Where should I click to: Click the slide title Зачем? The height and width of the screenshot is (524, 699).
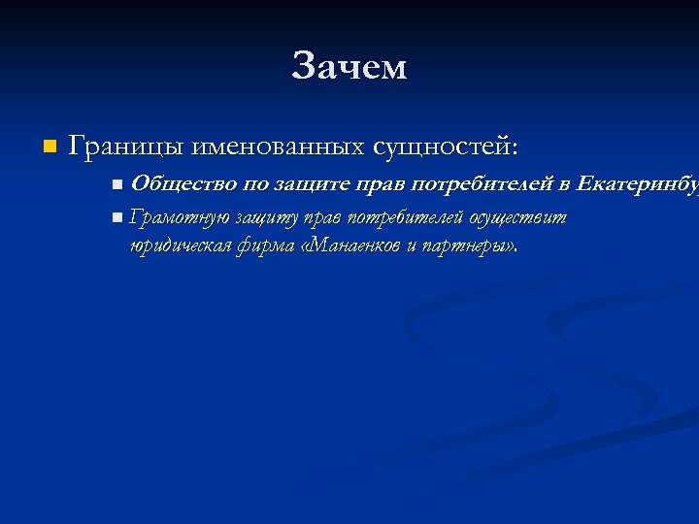click(349, 67)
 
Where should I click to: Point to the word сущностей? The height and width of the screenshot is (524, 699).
click(442, 147)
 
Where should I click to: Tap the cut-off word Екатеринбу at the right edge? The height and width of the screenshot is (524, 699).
click(637, 183)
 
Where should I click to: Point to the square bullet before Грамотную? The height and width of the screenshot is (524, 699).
click(116, 217)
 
